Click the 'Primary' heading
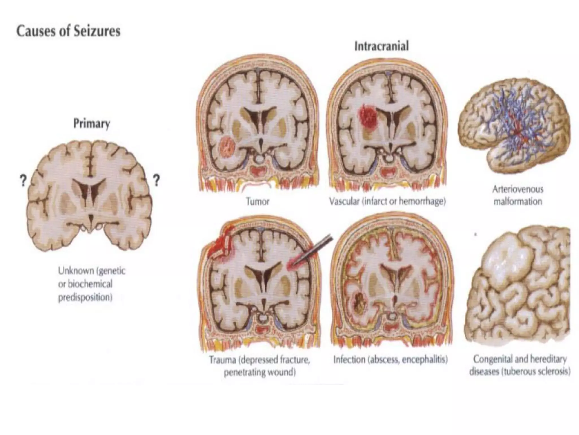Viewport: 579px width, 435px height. [92, 124]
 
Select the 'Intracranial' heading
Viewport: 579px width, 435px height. [381, 46]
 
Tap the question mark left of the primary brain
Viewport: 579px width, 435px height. [23, 180]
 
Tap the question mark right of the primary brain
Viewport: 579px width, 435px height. [156, 180]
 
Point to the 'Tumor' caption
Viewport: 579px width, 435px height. [258, 202]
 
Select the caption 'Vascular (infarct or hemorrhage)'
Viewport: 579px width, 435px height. [387, 202]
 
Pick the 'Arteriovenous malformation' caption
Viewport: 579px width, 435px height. [518, 195]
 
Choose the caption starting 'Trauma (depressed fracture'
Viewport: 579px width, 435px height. [260, 366]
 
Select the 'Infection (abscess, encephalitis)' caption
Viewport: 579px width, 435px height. [390, 360]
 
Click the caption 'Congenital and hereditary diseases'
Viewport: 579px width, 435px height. [520, 365]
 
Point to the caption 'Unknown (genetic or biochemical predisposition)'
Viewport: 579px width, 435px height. [91, 284]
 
